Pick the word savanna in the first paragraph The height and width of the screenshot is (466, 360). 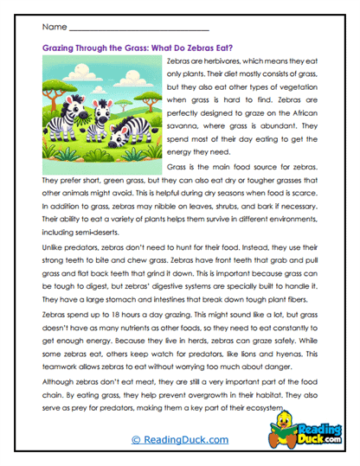[x=179, y=124]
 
